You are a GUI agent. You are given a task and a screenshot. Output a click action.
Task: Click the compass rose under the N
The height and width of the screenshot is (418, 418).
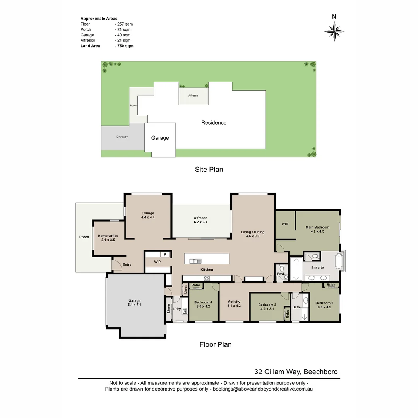click(334, 31)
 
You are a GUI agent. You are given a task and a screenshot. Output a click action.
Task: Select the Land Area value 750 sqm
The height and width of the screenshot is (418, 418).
click(124, 46)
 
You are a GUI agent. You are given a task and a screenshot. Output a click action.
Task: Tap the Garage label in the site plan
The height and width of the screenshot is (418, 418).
click(160, 138)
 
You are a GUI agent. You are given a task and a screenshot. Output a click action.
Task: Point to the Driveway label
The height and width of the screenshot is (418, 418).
click(122, 137)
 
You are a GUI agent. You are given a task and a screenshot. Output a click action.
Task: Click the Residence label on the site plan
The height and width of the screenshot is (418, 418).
click(214, 123)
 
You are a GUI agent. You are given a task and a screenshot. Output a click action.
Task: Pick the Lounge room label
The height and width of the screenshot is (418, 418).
click(148, 213)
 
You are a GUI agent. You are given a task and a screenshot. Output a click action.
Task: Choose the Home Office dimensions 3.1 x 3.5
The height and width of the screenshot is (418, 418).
click(108, 240)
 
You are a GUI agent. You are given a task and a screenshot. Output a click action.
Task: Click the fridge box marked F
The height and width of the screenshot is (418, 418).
click(165, 254)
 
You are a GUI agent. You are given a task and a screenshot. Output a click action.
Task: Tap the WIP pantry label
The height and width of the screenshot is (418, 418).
click(157, 262)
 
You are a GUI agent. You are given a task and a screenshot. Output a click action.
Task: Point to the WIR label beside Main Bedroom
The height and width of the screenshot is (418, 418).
click(285, 224)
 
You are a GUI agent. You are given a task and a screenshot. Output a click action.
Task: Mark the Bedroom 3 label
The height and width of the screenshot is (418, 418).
click(267, 305)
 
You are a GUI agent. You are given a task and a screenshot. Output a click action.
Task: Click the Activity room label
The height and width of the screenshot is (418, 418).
click(234, 302)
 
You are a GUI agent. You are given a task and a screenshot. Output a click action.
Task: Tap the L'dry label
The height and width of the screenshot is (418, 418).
click(177, 309)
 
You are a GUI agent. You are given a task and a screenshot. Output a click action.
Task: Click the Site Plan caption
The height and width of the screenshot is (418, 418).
click(209, 170)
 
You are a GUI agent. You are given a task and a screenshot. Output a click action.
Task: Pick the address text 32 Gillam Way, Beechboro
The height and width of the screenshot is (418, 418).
click(296, 372)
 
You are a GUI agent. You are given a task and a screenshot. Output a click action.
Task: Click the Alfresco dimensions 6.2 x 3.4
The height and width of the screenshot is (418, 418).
click(200, 222)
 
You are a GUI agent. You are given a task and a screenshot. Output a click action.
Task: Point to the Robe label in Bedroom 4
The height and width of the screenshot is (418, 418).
click(196, 285)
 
